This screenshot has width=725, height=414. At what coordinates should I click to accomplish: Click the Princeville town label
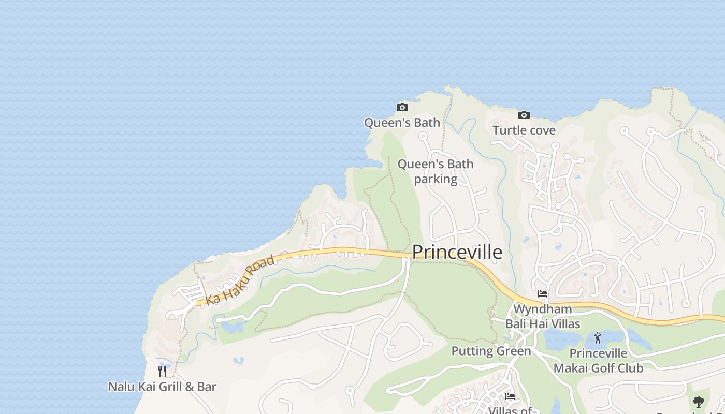pos(457,252)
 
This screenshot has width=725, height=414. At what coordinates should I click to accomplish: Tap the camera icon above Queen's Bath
pos(402,108)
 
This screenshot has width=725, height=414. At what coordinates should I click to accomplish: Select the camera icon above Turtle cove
pos(524,115)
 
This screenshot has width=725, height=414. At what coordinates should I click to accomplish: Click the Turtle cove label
pos(524,130)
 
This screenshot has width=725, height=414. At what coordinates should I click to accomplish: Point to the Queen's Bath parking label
pos(435,171)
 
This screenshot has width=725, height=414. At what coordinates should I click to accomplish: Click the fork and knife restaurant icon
pos(162,371)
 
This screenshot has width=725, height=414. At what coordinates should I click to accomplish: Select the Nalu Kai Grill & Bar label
pos(162,387)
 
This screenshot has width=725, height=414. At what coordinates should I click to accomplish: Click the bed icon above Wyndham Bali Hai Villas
pos(543,294)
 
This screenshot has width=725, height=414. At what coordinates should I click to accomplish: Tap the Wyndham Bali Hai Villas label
pos(543,317)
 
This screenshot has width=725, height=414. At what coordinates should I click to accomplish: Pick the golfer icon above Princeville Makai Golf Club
pos(598,338)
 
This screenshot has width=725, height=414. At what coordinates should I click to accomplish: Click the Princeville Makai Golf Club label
pos(598,361)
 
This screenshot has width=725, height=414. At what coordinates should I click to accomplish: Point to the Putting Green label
pos(491,351)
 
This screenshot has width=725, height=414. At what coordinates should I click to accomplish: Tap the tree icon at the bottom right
pos(699,402)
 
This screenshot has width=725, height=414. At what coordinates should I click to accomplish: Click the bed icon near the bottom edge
pos(510,397)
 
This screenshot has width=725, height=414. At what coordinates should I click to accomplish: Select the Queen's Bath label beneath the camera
pos(402,123)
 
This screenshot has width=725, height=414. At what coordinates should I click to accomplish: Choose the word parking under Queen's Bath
pos(436,179)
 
